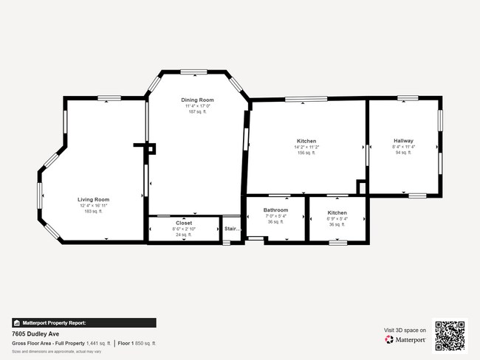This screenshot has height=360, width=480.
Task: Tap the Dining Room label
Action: [197, 100]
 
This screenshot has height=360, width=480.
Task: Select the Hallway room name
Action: [403, 140]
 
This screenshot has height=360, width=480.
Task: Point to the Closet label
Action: [184, 222]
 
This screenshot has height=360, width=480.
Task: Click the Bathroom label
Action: [275, 210]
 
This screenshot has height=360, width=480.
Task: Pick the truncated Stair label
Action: [232, 229]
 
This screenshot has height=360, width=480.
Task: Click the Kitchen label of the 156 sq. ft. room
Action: [306, 141]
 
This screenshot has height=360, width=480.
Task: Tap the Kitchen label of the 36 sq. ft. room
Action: [337, 212]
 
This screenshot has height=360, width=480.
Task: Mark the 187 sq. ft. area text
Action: [197, 111]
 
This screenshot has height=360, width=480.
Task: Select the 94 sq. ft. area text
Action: [403, 153]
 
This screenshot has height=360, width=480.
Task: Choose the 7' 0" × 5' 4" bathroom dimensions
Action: [275, 216]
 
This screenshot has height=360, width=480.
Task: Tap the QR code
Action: [450, 336]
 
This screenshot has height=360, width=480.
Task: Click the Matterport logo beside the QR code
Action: [405, 340]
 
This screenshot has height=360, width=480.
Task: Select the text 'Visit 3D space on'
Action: [405, 330]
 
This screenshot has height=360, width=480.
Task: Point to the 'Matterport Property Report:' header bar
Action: [83, 322]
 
